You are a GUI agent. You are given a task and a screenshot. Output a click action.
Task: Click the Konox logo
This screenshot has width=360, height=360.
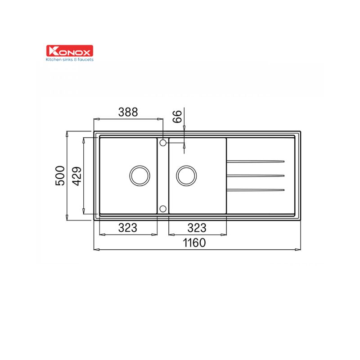coord(70,51)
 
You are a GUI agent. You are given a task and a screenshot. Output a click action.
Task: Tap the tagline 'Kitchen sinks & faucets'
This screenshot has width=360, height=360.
coord(70,60)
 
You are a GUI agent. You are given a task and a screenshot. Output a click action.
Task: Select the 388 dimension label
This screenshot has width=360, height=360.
coord(128,112)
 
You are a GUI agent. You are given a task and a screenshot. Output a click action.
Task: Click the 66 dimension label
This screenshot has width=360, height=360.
coord(177,117)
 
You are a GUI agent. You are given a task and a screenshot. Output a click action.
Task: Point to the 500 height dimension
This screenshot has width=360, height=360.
coord(60,175)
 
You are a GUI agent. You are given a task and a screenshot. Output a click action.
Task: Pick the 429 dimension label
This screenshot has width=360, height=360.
coord(76,176)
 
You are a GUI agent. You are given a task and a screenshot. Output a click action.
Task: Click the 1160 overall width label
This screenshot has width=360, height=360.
coord(194,243)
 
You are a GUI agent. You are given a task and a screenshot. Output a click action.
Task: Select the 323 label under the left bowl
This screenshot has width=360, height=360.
coord(128,228)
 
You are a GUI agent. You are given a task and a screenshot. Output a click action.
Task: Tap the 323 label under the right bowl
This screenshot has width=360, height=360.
coord(197,228)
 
